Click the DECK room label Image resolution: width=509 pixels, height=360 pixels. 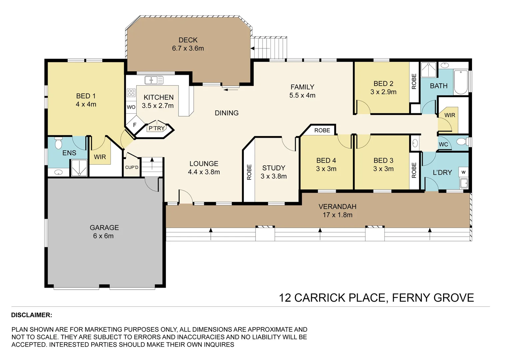coord(188,40)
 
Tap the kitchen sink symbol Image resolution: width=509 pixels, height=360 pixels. coord(154,80)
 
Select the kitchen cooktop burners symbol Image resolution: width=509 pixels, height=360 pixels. coord(131,93)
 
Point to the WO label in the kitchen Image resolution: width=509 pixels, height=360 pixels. coord(131,107)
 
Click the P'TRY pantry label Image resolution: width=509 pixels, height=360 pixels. coord(157,128)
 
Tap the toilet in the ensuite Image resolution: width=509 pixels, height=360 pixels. coord(58,143)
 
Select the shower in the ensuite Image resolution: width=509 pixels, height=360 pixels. coord(79,168)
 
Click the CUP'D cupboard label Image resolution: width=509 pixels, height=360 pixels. coord(132,167)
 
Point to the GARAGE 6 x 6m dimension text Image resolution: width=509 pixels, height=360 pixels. coord(103,236)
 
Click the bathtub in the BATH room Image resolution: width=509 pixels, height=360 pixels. coord(461,82)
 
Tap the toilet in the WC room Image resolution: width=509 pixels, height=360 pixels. coord(462,142)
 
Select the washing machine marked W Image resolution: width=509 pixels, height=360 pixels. coord(464,172)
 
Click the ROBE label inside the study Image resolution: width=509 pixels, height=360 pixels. coord(249,172)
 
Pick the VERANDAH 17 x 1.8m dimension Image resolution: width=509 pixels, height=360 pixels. coord(338,215)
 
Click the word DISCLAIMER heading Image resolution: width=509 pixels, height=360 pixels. coord(32,315)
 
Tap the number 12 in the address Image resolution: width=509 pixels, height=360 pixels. coord(285,298)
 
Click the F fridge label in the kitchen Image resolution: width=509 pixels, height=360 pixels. coord(135,125)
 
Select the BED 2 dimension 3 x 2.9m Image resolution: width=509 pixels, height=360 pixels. coord(383,92)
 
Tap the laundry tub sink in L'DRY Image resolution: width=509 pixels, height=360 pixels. coord(464,183)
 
